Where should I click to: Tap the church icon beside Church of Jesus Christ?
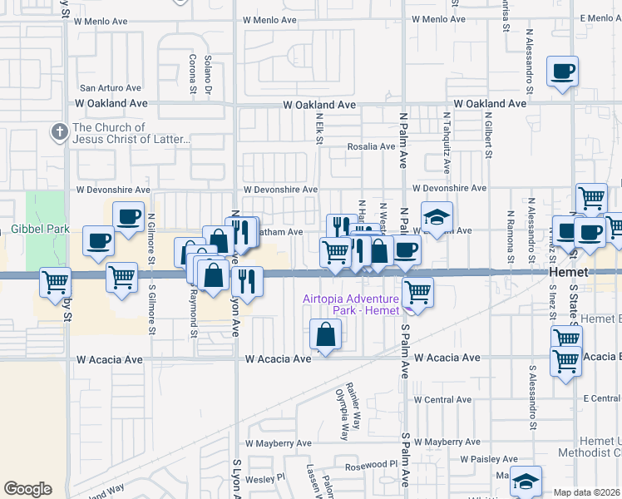59,131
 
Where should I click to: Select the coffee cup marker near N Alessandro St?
563,71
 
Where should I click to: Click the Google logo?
27,489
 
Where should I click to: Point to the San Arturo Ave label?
111,87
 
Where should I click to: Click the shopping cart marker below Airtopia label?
417,292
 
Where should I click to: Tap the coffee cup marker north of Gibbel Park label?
129,217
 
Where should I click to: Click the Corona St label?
192,72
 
